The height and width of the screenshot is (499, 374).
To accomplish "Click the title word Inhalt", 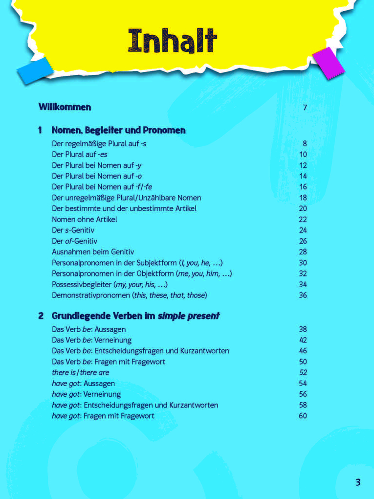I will (173, 41).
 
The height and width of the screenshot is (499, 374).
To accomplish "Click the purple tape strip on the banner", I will (325, 62).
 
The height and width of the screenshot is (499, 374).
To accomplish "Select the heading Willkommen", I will (65, 107).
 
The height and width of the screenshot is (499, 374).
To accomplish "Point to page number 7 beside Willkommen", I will (305, 108).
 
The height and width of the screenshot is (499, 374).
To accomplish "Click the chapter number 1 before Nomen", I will (40, 130).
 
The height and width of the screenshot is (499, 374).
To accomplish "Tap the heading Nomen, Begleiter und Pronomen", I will (118, 130).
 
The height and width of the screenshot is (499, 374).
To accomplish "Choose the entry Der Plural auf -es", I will (80, 155).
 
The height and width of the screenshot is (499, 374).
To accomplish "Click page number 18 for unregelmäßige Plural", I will (303, 198).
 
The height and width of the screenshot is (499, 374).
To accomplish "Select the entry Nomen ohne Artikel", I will (84, 219).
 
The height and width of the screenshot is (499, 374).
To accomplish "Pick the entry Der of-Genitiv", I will (75, 241).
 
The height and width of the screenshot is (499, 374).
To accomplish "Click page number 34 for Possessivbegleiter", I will (303, 284).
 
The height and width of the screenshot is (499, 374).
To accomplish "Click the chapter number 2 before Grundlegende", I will (41, 316).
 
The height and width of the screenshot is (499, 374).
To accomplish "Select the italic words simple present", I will (188, 316).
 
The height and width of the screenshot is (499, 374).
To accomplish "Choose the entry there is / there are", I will (81, 373).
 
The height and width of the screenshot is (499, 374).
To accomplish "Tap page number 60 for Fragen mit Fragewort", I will (303, 416).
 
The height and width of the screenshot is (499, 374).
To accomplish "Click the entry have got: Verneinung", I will (86, 394).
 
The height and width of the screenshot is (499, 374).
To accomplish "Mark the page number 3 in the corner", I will (358, 482).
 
